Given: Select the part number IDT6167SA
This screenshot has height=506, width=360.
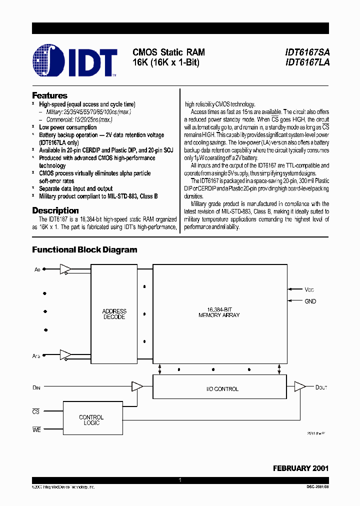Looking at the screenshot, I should [307, 52].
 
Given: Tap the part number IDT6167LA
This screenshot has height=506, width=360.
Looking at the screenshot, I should [307, 63].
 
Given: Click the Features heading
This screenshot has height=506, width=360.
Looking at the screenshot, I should [49, 95].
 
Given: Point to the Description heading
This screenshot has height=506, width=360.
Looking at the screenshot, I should [55, 210].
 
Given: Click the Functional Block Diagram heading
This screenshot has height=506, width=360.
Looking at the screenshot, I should [84, 249].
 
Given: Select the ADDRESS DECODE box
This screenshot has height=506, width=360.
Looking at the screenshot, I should [114, 314].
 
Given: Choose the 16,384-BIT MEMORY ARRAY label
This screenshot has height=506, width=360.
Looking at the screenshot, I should [219, 312].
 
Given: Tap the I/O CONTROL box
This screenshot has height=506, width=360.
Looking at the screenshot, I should [222, 388].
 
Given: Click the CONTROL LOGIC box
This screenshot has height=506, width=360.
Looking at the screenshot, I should [91, 420].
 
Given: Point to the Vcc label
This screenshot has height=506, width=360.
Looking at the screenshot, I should [310, 289].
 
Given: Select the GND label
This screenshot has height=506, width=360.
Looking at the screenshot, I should [310, 301].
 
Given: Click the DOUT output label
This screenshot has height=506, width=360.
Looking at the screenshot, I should [321, 387].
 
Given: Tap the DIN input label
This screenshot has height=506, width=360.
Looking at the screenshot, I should [36, 387].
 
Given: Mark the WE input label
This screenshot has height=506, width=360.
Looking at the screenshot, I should [36, 429].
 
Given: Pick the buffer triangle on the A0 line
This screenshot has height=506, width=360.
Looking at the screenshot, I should [64, 269].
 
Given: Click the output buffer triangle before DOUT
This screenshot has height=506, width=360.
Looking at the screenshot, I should [299, 386].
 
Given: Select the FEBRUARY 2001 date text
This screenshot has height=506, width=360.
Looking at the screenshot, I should [300, 468].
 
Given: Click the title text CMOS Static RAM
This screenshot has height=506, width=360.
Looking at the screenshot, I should [168, 52].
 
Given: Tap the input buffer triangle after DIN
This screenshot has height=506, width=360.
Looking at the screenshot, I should [136, 386].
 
